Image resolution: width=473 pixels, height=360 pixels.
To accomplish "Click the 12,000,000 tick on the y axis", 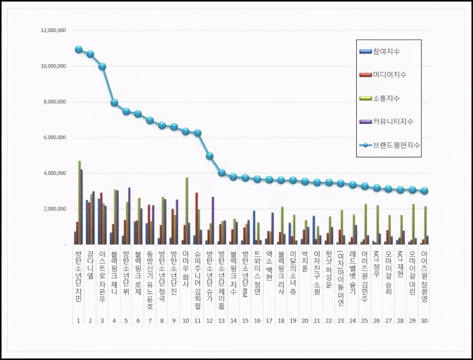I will [x=53, y=30].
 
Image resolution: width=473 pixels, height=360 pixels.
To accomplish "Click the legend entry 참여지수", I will [x=386, y=52].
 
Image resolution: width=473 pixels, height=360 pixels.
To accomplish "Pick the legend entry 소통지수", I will [x=386, y=99].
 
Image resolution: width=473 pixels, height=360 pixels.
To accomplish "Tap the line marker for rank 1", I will [x=79, y=49].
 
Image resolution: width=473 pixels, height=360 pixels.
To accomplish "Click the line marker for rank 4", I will [x=114, y=102].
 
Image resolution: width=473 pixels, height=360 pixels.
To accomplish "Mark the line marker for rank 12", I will [x=209, y=156].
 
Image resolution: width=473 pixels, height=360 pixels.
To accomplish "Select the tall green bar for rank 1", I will [x=79, y=203].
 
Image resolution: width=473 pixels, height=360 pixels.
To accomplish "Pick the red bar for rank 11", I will [x=196, y=218].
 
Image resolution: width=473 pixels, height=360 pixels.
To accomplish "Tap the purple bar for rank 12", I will [x=213, y=221].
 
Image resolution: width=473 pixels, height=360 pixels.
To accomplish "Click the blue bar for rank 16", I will [x=254, y=227].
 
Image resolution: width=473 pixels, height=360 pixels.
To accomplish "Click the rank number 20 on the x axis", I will [x=305, y=320].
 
